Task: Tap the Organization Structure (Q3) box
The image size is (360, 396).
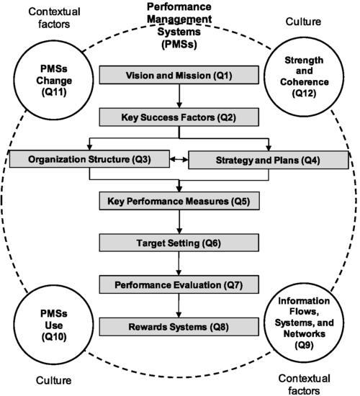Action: (x=88, y=159)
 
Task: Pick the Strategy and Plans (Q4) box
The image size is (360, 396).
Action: (x=269, y=159)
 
